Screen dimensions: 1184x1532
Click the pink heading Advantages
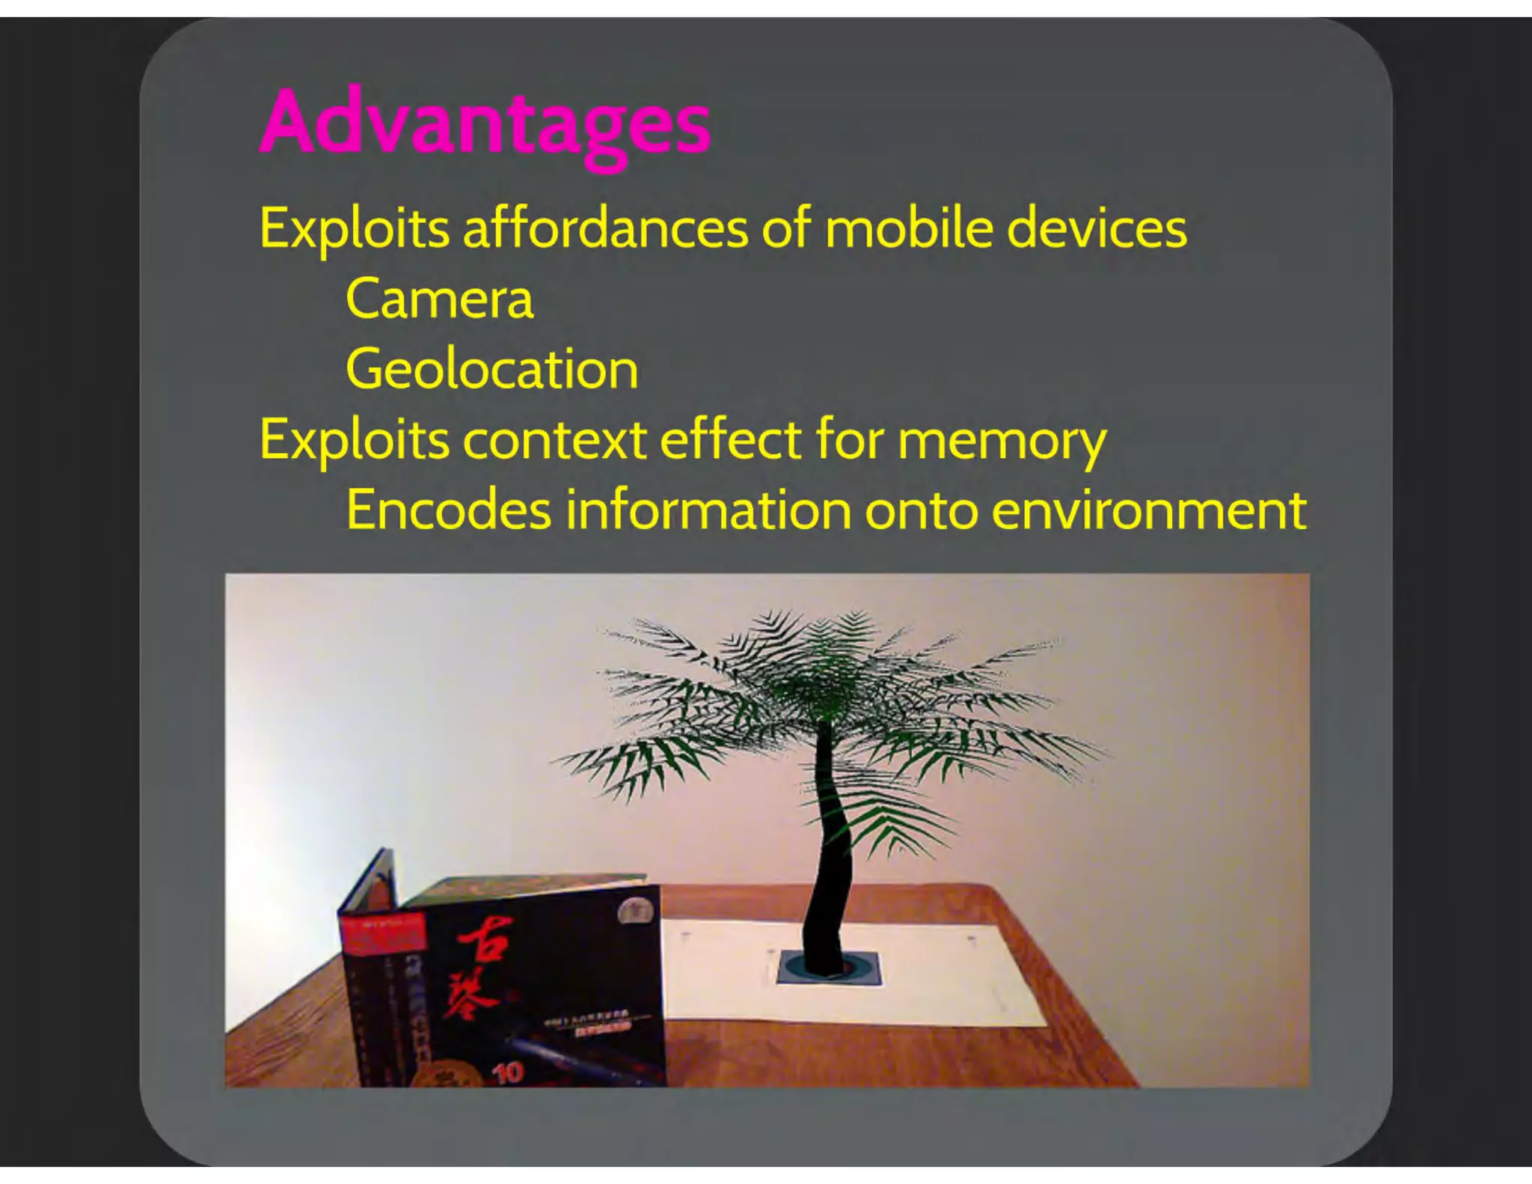click(485, 123)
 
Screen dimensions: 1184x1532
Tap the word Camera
click(440, 299)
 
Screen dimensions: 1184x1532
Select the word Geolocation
click(491, 369)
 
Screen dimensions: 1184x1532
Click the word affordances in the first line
click(605, 228)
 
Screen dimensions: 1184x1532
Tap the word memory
click(1002, 442)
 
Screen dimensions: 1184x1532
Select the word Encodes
click(449, 510)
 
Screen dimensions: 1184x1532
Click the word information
click(708, 510)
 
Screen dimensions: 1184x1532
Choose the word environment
click(1149, 511)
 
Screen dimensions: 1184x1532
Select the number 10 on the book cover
click(507, 1072)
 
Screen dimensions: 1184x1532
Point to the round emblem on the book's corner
click(635, 910)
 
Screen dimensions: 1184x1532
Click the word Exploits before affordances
click(354, 228)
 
